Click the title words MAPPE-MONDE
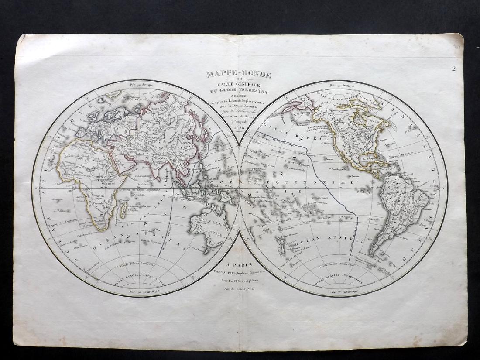pos(240,74)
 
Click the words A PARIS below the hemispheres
pos(240,264)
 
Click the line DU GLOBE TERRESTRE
pos(240,92)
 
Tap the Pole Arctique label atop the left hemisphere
pos(136,83)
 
